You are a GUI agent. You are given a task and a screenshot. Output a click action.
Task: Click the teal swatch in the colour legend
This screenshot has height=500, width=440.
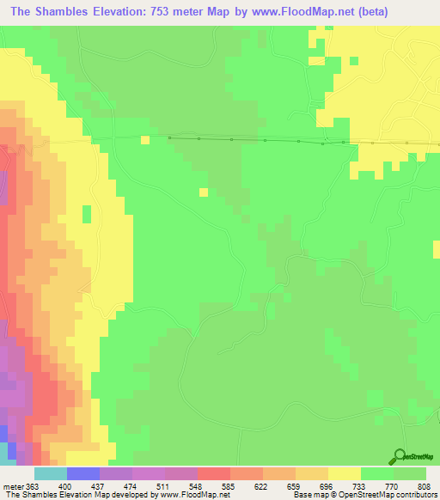(50, 473)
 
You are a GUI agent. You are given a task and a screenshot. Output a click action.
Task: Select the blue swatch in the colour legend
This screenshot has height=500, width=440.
(82, 473)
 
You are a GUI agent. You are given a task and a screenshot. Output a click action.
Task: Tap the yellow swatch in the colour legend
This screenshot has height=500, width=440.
(345, 473)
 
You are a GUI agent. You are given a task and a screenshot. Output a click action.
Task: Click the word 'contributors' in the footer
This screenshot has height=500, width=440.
(412, 495)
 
